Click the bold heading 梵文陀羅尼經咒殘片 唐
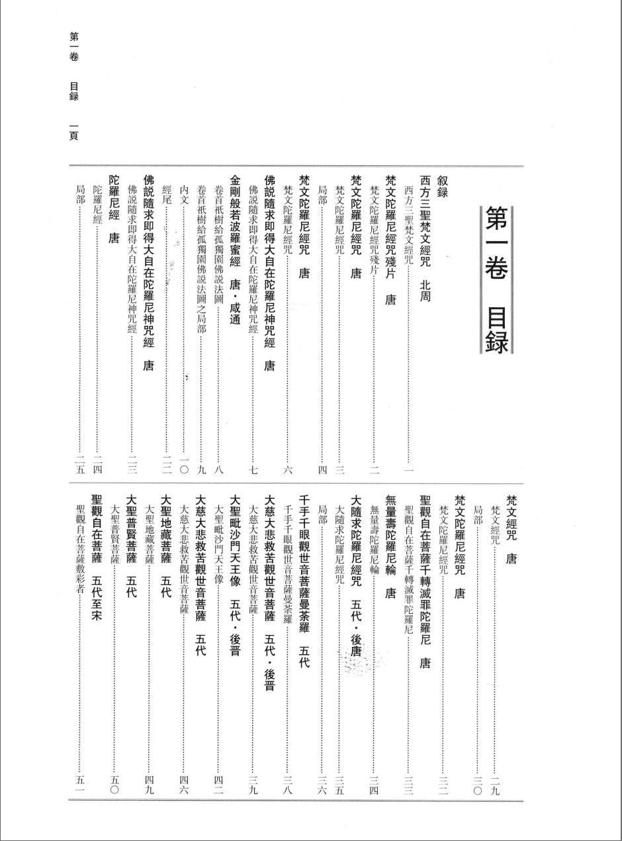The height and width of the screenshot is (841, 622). [390, 239]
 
